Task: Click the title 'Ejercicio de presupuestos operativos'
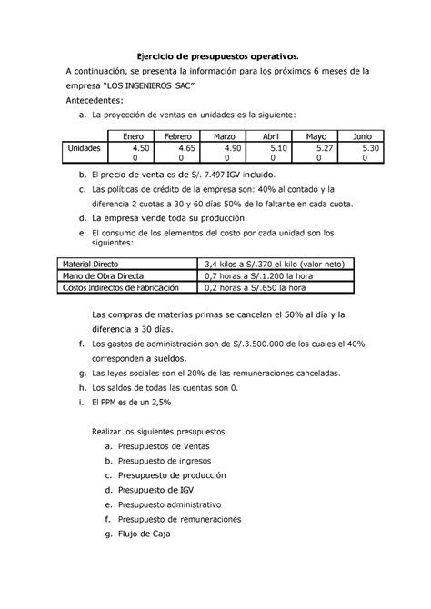point(215,57)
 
